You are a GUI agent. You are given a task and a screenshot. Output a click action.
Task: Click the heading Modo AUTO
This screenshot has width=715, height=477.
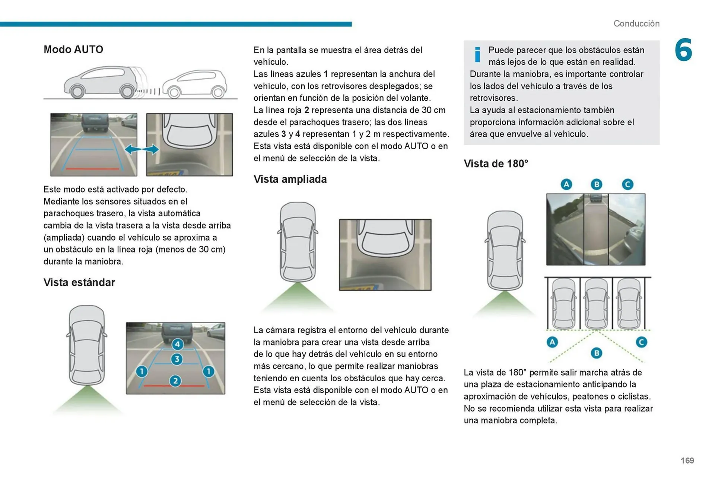(x=73, y=50)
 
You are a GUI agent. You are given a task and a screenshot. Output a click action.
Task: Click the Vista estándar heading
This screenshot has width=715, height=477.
(x=79, y=282)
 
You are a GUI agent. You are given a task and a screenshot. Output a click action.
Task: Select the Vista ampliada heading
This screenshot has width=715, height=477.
(x=290, y=179)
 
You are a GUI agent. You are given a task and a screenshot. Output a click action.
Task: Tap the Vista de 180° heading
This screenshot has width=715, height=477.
(x=496, y=163)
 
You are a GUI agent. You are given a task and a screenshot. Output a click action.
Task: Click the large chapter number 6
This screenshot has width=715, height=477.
(x=683, y=50)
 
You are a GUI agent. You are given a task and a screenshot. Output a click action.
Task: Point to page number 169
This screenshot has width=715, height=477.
(x=687, y=461)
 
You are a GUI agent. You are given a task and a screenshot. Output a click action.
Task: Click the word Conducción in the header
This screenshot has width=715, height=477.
(x=636, y=23)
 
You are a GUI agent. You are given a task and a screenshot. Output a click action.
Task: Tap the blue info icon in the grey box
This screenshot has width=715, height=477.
(x=477, y=55)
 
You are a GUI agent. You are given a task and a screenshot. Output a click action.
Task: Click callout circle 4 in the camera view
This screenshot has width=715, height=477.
(x=177, y=344)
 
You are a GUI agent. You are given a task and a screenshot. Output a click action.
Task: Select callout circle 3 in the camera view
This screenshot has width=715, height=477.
(x=177, y=359)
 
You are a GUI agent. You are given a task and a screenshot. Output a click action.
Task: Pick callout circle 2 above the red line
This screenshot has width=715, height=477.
(x=175, y=381)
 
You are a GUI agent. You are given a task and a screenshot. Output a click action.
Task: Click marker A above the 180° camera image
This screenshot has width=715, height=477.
(x=566, y=184)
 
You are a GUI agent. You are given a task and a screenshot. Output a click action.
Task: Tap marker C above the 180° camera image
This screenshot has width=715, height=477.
(x=627, y=184)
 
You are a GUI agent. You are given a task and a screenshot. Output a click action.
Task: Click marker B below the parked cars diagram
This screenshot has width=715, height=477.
(x=596, y=353)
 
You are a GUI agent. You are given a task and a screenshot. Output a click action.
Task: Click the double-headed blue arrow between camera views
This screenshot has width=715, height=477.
(x=142, y=150)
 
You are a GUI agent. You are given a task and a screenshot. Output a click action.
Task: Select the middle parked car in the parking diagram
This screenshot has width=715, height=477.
(x=596, y=303)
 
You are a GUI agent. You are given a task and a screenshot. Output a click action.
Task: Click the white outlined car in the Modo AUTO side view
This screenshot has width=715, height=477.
(x=195, y=84)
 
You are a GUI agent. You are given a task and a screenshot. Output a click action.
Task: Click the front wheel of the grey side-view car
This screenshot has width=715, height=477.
(x=77, y=91)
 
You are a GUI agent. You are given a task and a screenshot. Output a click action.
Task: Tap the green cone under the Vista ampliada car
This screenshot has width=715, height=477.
(x=298, y=298)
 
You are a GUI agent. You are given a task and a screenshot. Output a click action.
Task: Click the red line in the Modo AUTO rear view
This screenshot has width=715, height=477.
(x=92, y=169)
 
